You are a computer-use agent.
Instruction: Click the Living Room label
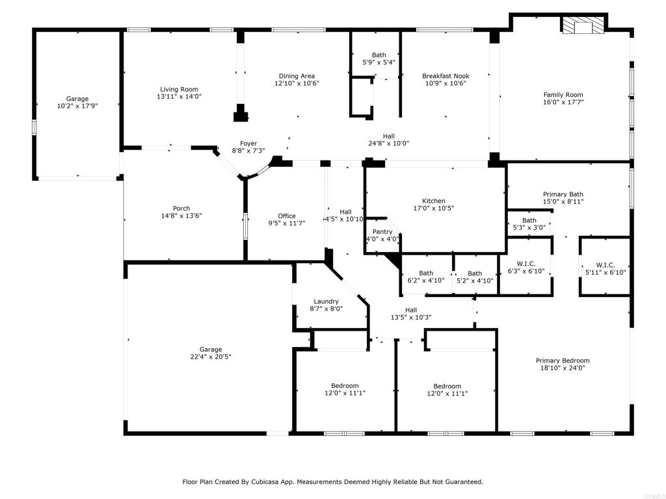180,90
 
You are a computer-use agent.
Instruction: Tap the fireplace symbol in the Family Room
582,27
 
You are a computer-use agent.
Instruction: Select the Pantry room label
382,232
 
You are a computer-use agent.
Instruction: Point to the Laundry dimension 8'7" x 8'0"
326,309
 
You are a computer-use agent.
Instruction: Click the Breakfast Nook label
446,76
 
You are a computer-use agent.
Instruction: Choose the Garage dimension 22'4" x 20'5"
211,357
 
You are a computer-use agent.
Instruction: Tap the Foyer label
248,144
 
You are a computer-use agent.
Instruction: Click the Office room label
287,216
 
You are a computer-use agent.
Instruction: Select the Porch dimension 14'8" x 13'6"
181,216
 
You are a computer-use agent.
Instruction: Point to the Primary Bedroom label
563,361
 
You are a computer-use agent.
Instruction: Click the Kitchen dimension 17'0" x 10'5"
434,209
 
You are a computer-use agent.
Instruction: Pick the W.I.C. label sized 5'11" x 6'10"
605,265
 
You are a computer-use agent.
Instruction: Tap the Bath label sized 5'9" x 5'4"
379,55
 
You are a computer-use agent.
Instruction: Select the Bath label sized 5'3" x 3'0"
529,220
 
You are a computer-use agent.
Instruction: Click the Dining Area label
297,76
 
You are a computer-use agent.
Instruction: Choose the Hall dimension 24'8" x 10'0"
388,144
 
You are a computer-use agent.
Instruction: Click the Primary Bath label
563,194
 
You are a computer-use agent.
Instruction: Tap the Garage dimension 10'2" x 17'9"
77,106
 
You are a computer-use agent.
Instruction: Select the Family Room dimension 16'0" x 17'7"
563,102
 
